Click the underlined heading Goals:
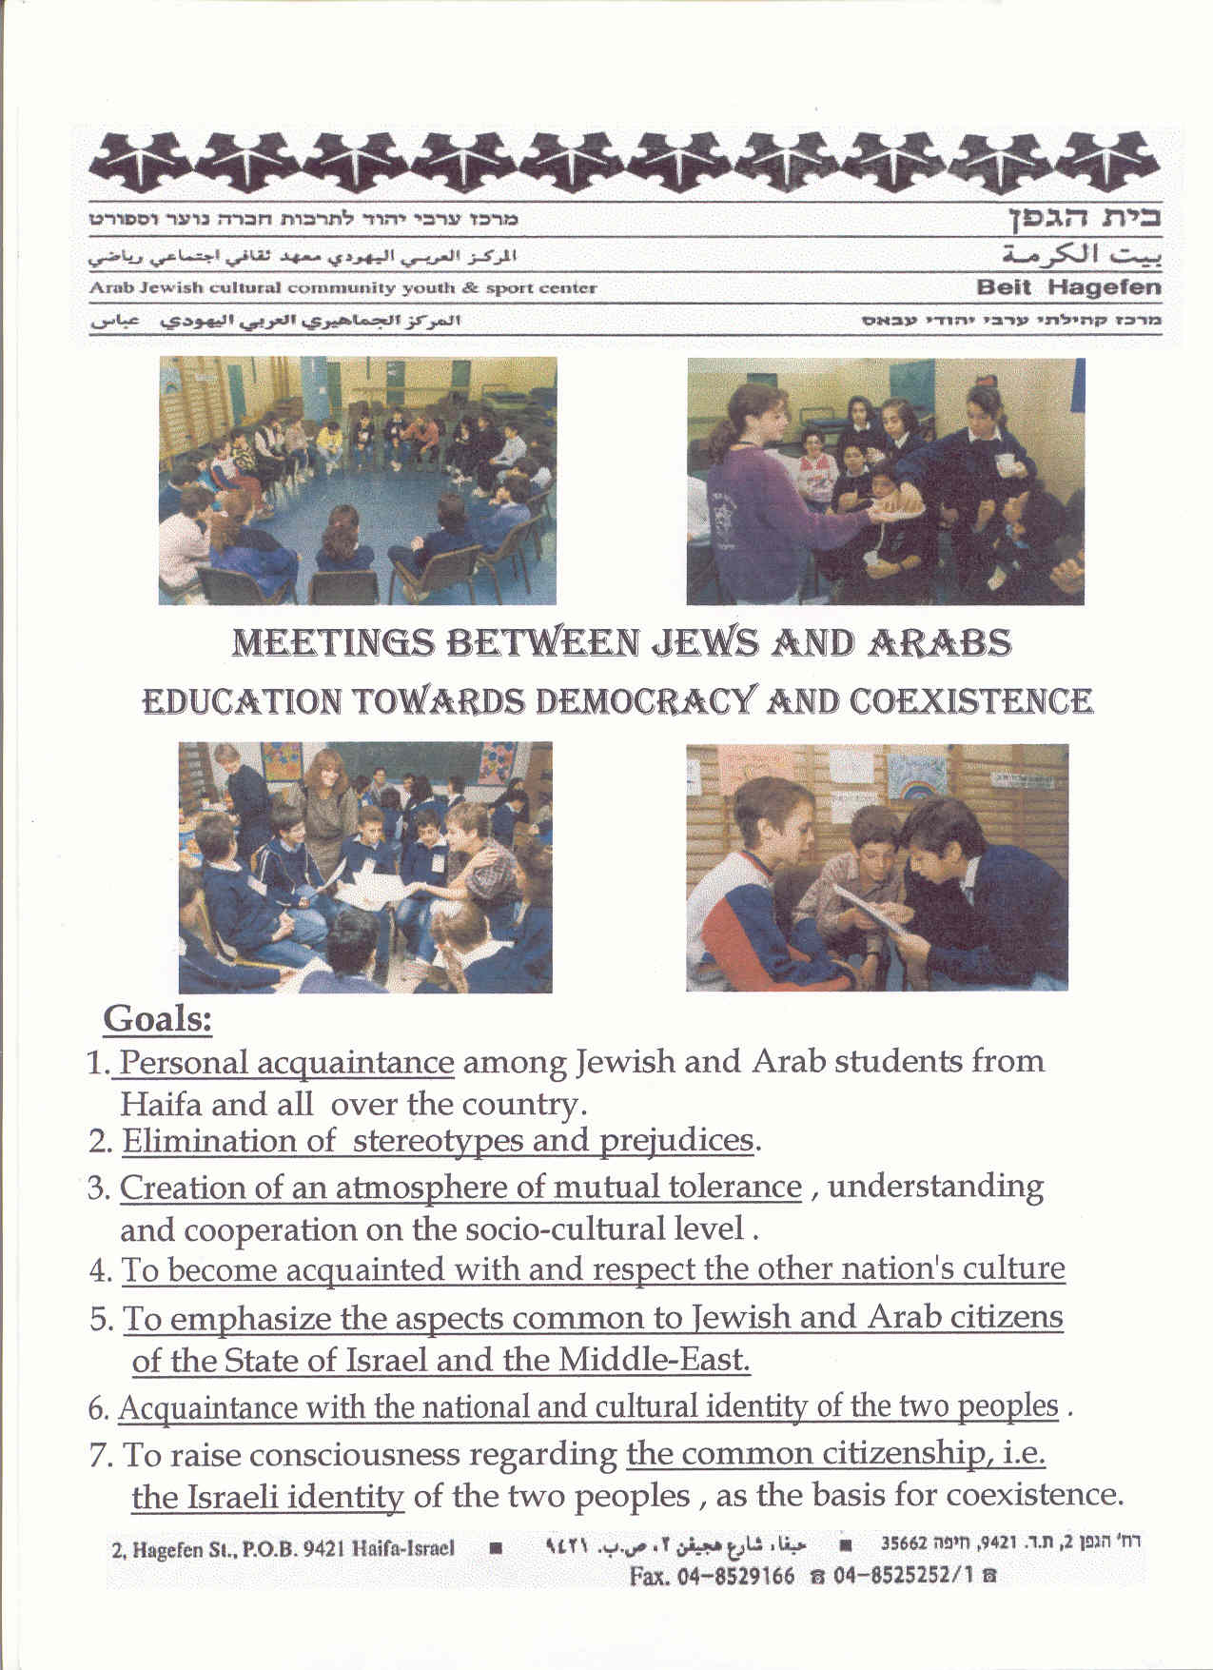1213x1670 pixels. tap(157, 1019)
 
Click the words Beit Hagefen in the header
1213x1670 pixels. tap(1068, 287)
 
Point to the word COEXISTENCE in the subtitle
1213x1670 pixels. tap(969, 702)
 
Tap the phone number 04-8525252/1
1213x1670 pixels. tap(903, 1576)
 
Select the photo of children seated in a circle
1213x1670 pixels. tap(357, 481)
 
